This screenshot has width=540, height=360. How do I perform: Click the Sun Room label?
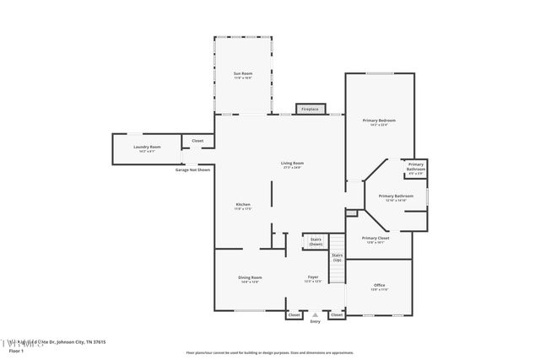(x=243, y=74)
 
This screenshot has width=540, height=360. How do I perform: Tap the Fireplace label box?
(x=310, y=109)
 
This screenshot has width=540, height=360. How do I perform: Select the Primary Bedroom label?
(x=379, y=121)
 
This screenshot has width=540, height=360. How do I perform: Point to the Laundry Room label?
(x=147, y=148)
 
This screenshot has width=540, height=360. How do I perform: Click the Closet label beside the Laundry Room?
(x=197, y=141)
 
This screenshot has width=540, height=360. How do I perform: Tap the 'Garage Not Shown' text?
(x=192, y=169)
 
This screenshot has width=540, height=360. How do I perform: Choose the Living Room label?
(x=292, y=163)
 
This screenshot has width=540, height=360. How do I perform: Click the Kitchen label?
(x=243, y=205)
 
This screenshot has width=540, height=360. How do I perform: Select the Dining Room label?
(x=251, y=277)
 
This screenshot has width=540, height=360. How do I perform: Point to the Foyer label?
(x=312, y=277)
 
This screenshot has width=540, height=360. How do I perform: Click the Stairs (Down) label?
(x=316, y=241)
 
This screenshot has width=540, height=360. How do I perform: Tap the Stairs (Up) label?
(x=337, y=256)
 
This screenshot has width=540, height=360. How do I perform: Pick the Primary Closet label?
(x=375, y=238)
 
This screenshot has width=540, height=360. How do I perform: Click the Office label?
(x=379, y=286)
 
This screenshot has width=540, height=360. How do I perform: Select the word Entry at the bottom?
(x=316, y=321)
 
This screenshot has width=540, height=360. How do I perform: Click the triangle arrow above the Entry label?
(x=316, y=314)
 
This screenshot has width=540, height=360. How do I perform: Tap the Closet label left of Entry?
(x=294, y=314)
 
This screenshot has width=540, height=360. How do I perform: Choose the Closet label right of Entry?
(x=337, y=314)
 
